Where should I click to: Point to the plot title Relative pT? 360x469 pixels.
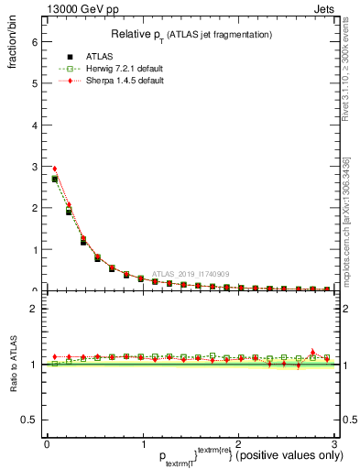(190, 34)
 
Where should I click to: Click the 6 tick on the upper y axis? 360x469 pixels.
(35, 41)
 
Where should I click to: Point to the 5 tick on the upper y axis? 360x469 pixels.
(35, 83)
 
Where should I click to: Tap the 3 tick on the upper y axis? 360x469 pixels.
(35, 167)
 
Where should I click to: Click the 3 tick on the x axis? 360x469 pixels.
(333, 445)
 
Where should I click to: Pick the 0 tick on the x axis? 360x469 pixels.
(47, 445)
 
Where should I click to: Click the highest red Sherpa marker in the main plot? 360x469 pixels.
(54, 169)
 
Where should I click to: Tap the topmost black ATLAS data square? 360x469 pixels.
(54, 180)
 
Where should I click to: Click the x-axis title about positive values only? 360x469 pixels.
(190, 456)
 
